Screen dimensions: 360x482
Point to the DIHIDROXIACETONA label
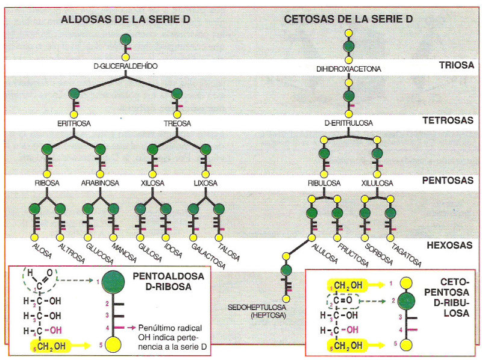click(x=349, y=69)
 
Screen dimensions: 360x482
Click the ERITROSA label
click(x=74, y=123)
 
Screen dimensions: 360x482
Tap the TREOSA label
click(x=177, y=123)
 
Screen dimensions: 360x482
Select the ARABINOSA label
click(x=100, y=182)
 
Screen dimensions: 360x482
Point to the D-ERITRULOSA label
click(x=348, y=123)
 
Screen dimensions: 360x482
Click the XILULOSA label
click(x=377, y=182)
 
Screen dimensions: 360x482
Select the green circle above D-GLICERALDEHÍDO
click(x=125, y=40)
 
